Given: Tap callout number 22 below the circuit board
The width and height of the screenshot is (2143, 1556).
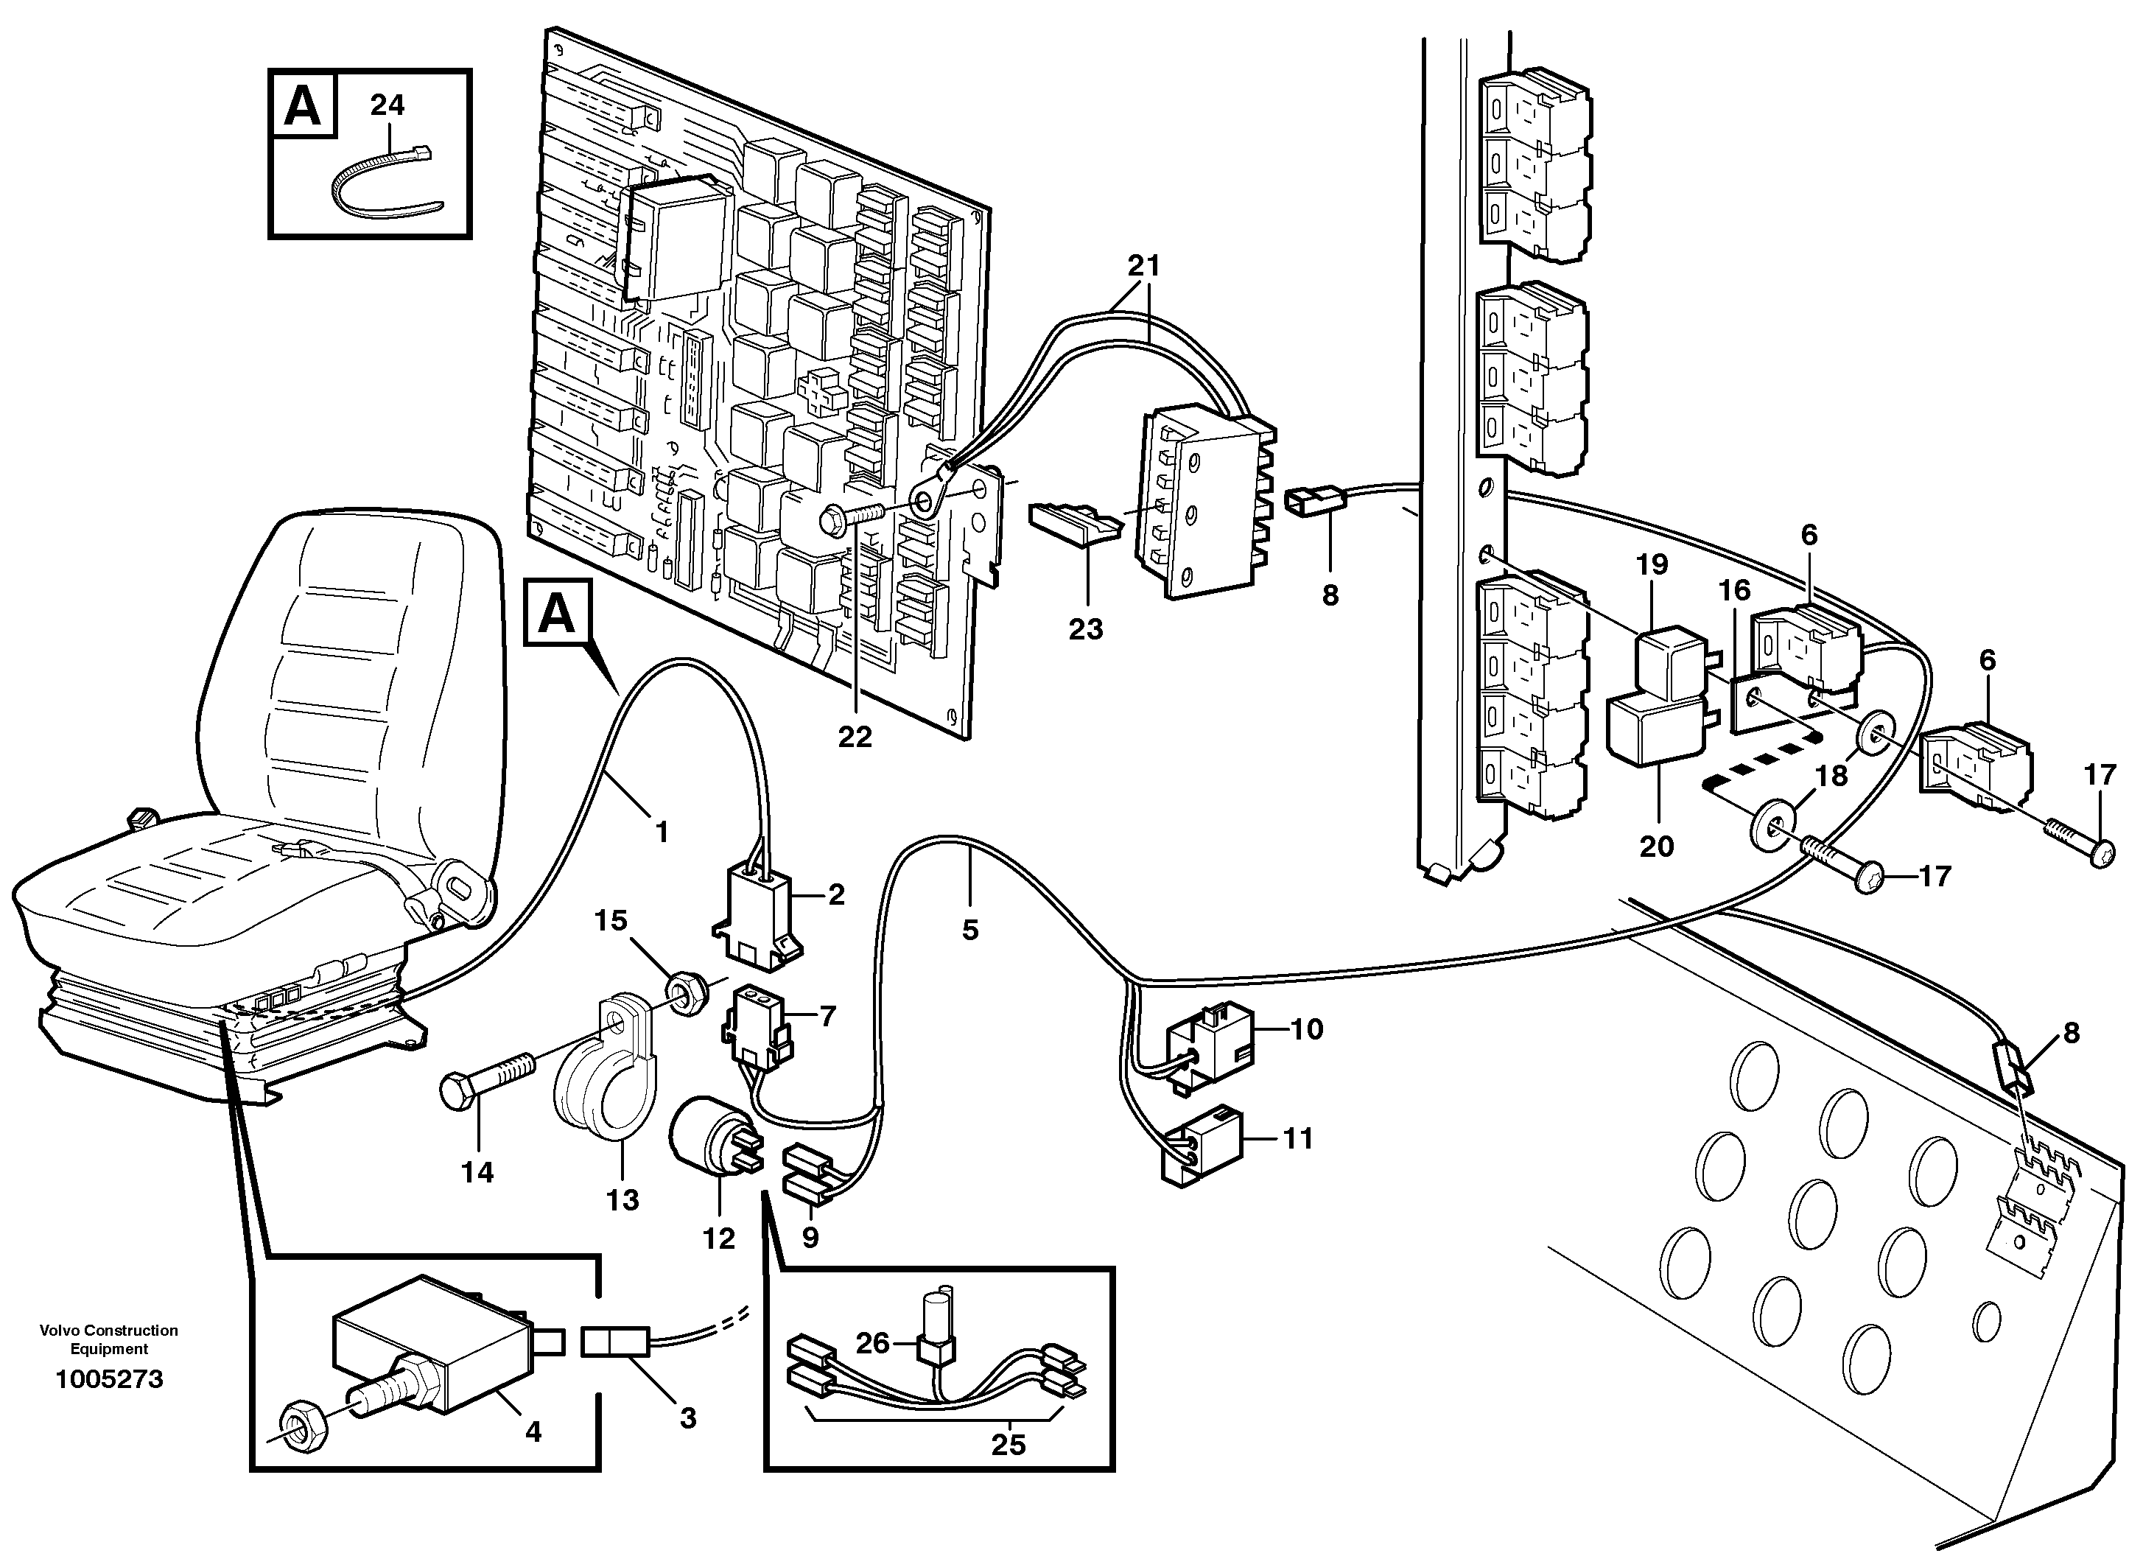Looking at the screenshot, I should tap(855, 737).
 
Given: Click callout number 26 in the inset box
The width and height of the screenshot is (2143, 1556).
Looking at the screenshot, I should tap(872, 1342).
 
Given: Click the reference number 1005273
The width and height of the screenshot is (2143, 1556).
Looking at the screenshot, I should tap(110, 1379).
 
